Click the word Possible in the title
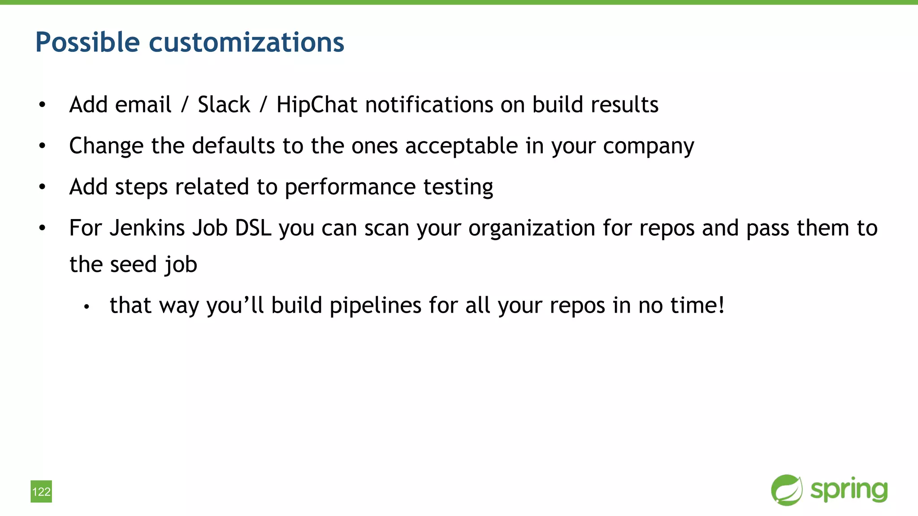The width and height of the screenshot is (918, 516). coord(87,43)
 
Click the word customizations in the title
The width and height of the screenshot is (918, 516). coord(246,43)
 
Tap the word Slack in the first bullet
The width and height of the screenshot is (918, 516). coord(224,105)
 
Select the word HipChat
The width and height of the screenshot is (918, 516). coord(316,105)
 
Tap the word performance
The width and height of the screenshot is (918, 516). coord(350,187)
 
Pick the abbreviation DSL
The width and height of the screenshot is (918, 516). coord(253,228)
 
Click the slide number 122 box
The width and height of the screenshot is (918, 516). coord(41,491)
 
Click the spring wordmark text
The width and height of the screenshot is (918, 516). coord(849,490)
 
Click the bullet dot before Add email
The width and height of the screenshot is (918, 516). coord(42,105)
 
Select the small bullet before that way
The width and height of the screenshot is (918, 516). coord(87,307)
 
